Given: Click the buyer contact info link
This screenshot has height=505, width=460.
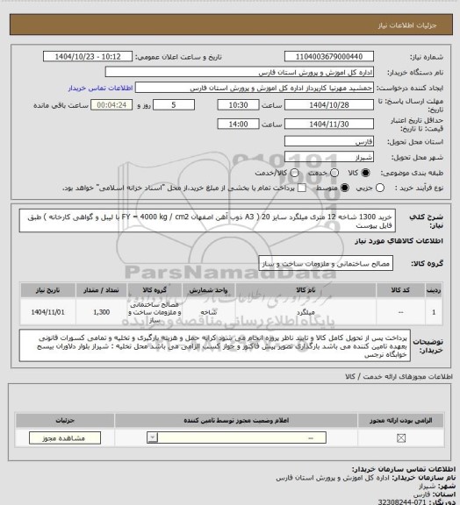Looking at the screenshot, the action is (99, 88).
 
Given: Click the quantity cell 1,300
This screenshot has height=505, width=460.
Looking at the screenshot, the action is (101, 310).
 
